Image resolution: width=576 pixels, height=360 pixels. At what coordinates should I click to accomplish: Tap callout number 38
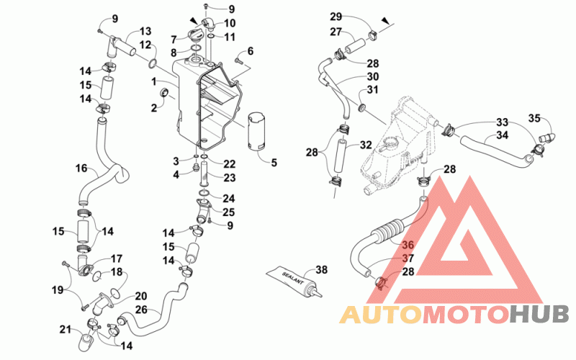point(321,270)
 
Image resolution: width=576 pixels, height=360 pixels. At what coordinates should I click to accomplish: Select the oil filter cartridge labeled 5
point(257,131)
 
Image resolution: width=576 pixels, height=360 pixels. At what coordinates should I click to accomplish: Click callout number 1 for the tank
point(154,81)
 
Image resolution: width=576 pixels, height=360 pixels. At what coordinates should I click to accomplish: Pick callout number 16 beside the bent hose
point(81,168)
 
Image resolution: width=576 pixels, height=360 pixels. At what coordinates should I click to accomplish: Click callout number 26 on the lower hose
point(141,310)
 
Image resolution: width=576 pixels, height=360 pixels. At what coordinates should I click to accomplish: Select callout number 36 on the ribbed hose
point(408,245)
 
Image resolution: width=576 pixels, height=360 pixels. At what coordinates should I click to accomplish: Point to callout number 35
point(534,118)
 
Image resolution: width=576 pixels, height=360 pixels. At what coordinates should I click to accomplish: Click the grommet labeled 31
point(363,107)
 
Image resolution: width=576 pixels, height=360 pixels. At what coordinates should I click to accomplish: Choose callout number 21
point(65,330)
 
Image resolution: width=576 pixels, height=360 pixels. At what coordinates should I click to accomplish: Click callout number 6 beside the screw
point(251,50)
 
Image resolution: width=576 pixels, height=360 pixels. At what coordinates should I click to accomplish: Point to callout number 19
point(58,290)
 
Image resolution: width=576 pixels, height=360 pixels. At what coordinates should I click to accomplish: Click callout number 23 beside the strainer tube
point(229,178)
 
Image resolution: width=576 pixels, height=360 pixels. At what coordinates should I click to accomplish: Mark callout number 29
point(336,17)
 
